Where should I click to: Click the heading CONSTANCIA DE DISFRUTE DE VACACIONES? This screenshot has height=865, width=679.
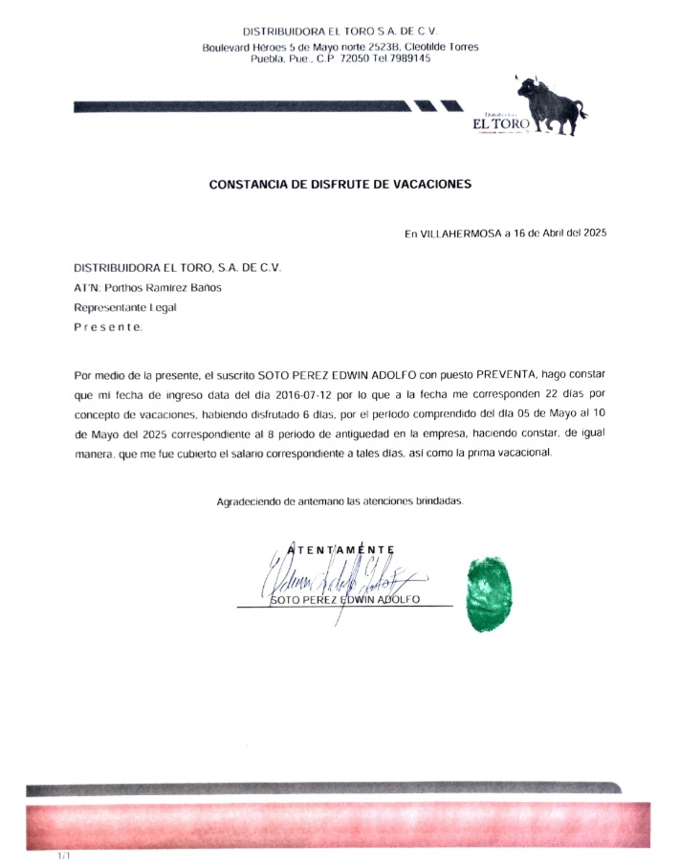point(339,184)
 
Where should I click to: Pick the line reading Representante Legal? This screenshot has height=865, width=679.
point(125,307)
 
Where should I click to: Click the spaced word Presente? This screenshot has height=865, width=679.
point(109,327)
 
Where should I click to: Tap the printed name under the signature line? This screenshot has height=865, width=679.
point(345,600)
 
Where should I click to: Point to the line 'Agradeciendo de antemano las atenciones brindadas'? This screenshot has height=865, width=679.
point(339,500)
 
